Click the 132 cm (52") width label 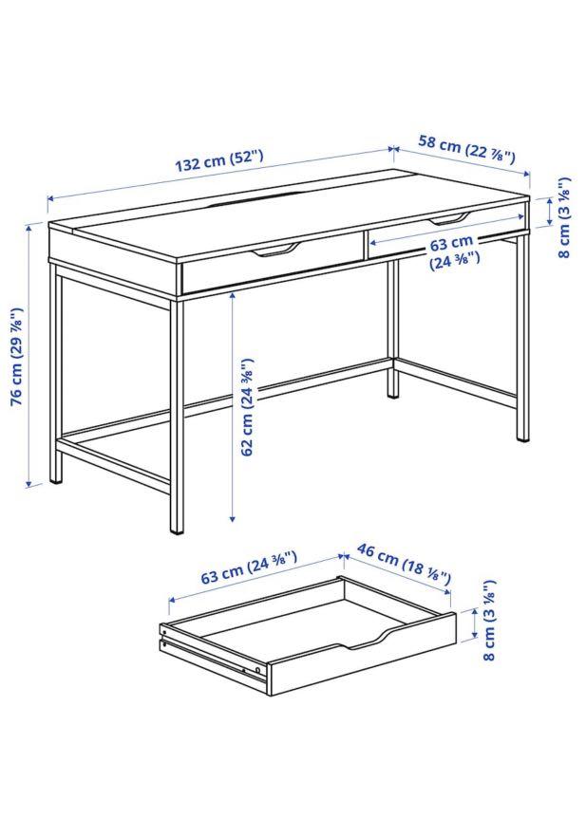pos(218,160)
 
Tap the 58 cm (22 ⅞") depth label pos(466,149)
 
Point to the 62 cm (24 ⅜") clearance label pos(249,408)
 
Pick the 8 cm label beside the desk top pos(563,217)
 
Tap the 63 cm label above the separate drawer pos(250,572)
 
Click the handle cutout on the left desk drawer pos(274,250)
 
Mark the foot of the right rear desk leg pos(521,437)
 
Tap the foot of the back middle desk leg pos(392,391)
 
